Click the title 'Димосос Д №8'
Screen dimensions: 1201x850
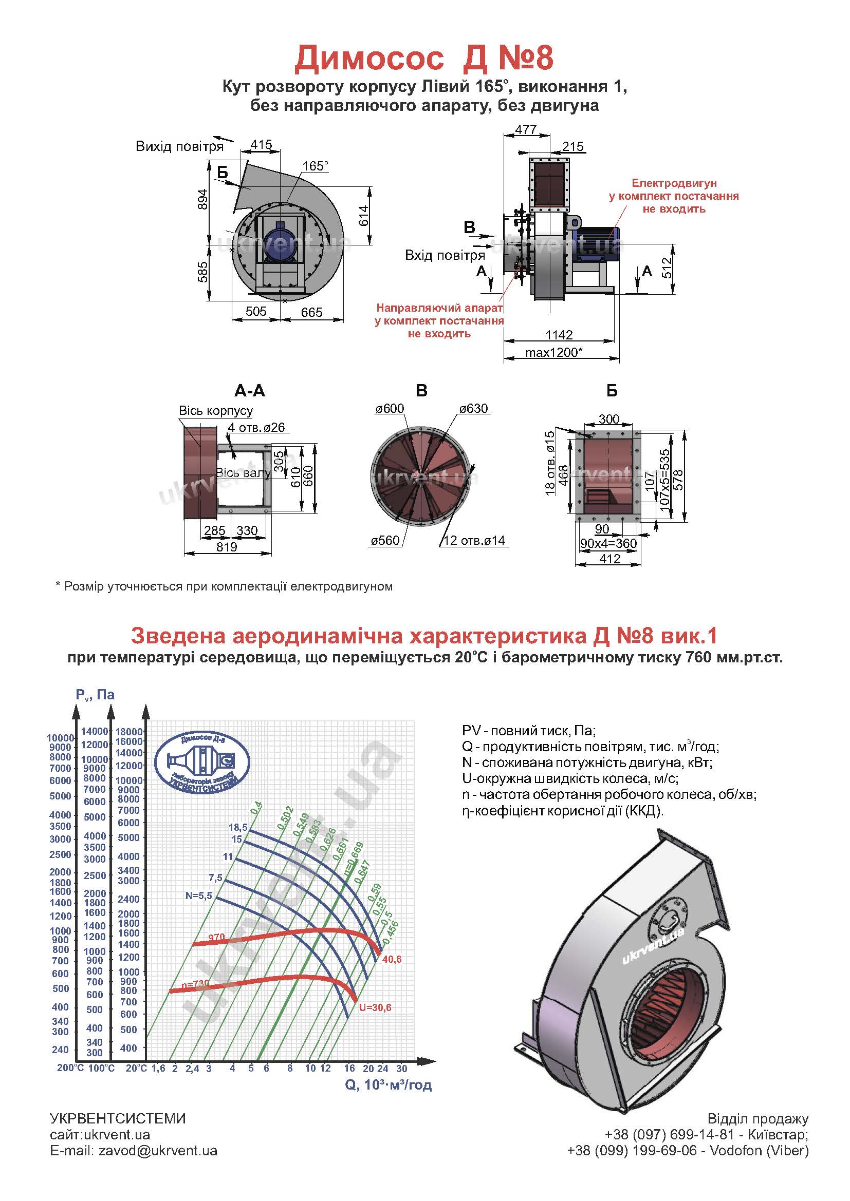tap(424, 58)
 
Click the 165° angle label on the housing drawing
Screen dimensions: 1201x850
tap(315, 166)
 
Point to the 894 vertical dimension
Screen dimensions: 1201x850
tap(203, 199)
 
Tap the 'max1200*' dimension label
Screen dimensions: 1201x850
tap(554, 352)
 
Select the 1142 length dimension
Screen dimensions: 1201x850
tap(559, 335)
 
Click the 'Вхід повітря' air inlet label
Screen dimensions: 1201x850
tap(445, 255)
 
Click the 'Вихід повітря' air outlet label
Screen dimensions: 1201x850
tap(179, 146)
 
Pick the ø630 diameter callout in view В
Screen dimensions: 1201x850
tap(474, 409)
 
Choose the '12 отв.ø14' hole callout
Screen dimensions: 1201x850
tap(474, 540)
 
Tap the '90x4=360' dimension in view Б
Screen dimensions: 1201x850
tap(608, 543)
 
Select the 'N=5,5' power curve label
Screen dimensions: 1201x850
tap(199, 895)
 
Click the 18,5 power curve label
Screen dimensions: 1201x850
tap(237, 827)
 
